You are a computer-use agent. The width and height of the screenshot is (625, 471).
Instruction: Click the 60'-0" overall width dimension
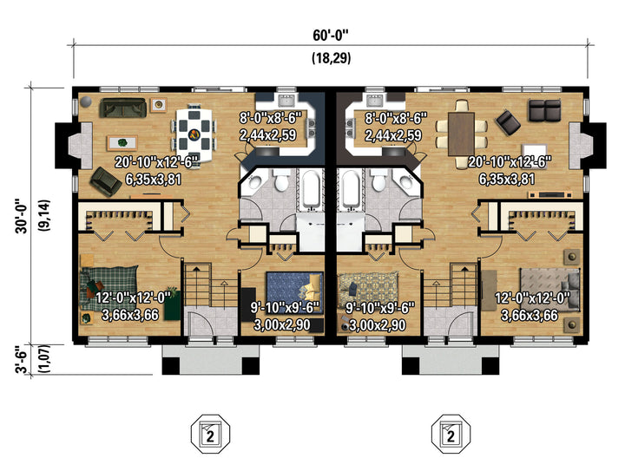[x=331, y=35]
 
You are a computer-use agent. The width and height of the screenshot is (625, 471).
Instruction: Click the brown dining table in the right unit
[x=461, y=134]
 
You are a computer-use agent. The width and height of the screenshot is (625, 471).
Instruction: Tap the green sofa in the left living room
[x=122, y=108]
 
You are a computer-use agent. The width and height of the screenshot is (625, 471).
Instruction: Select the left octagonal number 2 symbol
[x=210, y=434]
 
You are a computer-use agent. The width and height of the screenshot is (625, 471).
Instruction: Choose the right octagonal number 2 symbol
[x=451, y=434]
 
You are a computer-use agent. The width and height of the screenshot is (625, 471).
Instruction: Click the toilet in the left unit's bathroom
[x=281, y=180]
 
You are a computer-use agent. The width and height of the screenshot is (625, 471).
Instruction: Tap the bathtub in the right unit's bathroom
[x=351, y=189]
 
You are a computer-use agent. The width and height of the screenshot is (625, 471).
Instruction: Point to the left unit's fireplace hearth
[x=81, y=145]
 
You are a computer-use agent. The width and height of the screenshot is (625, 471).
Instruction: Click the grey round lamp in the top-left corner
[x=85, y=102]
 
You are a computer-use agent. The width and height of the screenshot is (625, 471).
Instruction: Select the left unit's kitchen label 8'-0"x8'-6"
[x=271, y=118]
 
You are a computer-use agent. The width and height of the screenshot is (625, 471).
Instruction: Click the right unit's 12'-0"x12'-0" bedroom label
[x=532, y=298]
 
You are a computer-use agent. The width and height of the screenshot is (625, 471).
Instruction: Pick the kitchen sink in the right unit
[x=375, y=101]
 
